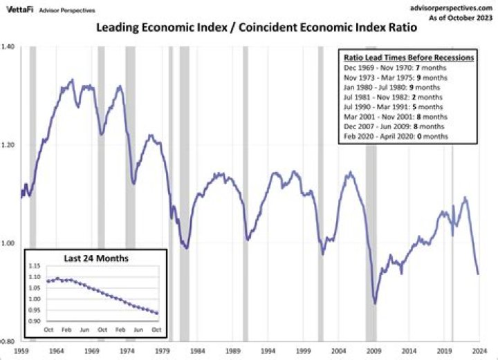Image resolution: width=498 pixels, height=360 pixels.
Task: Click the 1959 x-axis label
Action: (21, 350)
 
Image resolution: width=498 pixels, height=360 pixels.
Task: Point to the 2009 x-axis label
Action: (373, 350)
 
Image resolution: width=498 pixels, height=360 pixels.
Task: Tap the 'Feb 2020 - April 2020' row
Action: (396, 137)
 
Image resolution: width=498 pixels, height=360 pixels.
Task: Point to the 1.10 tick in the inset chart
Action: (34, 276)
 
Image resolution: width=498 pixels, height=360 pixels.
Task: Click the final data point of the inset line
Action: (157, 314)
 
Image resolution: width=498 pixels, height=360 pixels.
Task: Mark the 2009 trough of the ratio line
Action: (375, 303)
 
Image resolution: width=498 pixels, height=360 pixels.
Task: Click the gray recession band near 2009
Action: (371, 207)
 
